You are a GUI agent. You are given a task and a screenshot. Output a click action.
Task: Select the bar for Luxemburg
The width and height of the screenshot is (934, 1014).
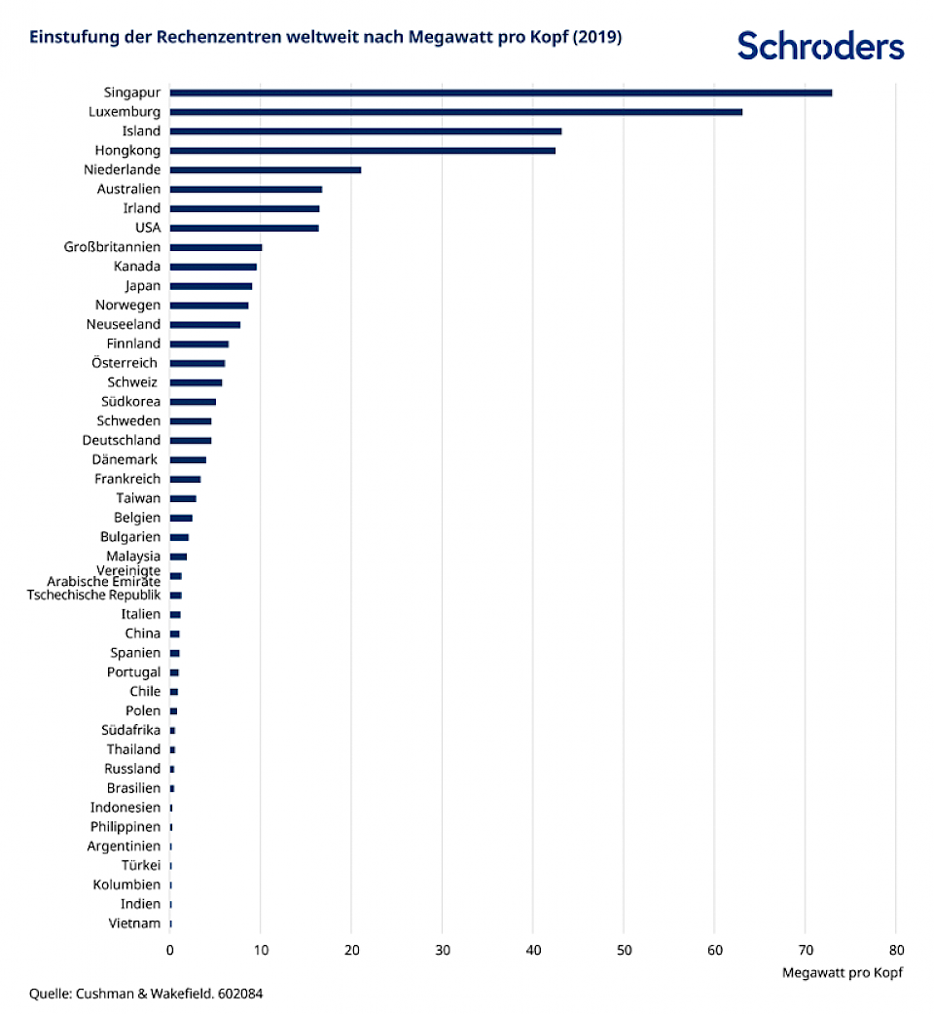(x=455, y=112)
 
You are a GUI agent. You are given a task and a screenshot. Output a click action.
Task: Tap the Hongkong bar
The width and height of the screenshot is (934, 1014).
(x=362, y=151)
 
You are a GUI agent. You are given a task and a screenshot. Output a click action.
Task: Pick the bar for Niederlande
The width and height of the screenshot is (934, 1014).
(x=266, y=170)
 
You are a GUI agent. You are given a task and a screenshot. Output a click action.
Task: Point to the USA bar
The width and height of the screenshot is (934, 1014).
(x=244, y=228)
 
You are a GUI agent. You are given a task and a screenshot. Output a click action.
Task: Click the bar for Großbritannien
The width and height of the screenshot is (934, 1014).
(x=216, y=247)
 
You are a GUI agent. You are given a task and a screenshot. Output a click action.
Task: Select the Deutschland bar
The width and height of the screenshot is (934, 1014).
(x=191, y=441)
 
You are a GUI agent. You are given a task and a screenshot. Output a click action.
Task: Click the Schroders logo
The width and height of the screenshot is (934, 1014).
(x=820, y=45)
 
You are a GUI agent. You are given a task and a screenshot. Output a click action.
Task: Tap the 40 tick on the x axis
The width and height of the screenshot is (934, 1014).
(x=532, y=950)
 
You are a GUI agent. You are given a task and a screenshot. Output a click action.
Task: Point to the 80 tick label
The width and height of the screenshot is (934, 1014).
(x=896, y=950)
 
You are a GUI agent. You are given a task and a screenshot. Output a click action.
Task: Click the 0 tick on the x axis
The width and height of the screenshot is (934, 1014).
(x=170, y=950)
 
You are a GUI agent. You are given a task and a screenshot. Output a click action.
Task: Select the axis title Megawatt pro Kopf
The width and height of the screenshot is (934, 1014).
(x=842, y=973)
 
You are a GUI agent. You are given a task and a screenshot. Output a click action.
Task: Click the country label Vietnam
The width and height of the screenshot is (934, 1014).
(x=134, y=923)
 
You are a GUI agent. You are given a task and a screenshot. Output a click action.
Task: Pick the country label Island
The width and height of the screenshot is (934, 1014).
(x=141, y=131)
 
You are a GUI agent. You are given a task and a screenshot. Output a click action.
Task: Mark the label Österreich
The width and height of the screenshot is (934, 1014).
(x=130, y=363)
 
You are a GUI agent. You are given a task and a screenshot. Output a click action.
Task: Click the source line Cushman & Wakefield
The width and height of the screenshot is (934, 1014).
(x=146, y=994)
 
